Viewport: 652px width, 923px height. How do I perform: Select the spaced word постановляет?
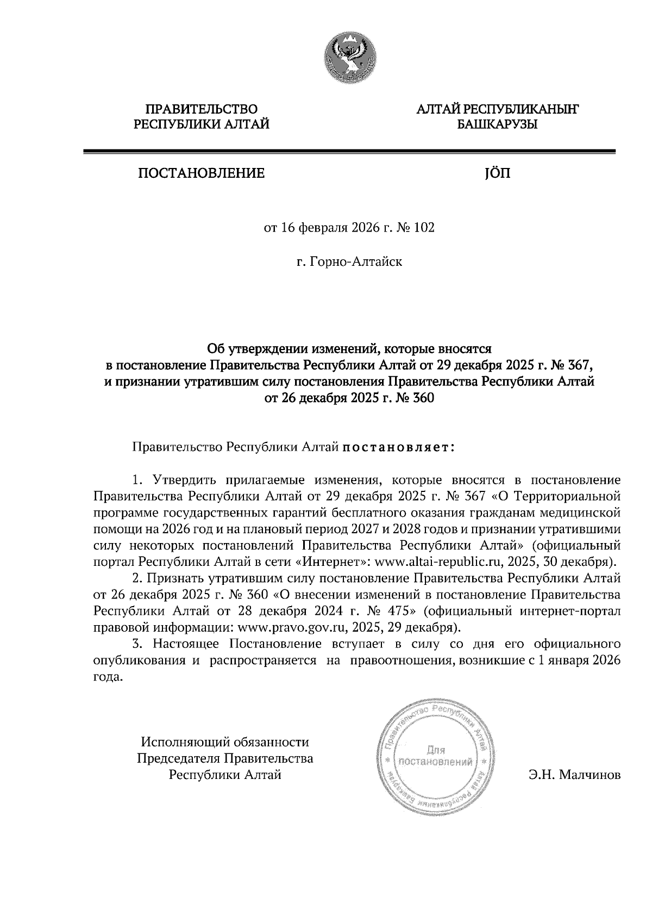pyautogui.click(x=399, y=447)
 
